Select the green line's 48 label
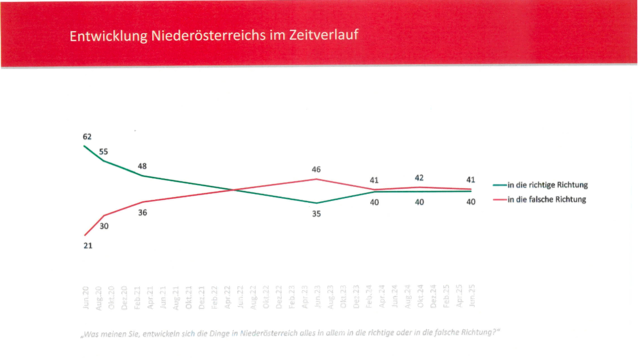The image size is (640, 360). click(x=143, y=165)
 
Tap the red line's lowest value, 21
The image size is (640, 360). click(x=87, y=245)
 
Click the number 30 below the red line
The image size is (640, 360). click(x=104, y=226)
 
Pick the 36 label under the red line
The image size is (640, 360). click(x=143, y=213)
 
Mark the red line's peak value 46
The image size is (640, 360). click(x=316, y=170)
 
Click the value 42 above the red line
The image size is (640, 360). click(x=420, y=177)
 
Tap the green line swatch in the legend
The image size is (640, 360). click(x=500, y=186)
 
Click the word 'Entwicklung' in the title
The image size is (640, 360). click(x=108, y=37)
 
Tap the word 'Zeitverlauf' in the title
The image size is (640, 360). click(x=323, y=37)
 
